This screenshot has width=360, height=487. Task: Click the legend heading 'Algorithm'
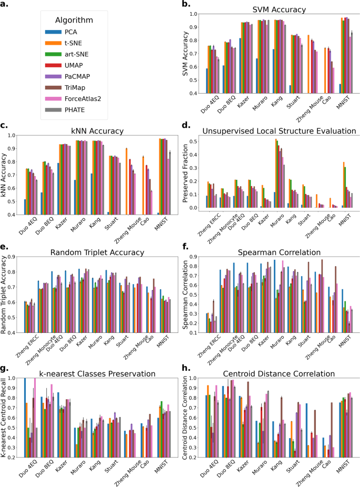(x=75, y=20)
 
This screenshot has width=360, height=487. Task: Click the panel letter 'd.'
(x=185, y=126)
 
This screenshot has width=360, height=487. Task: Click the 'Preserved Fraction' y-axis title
(x=185, y=174)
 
